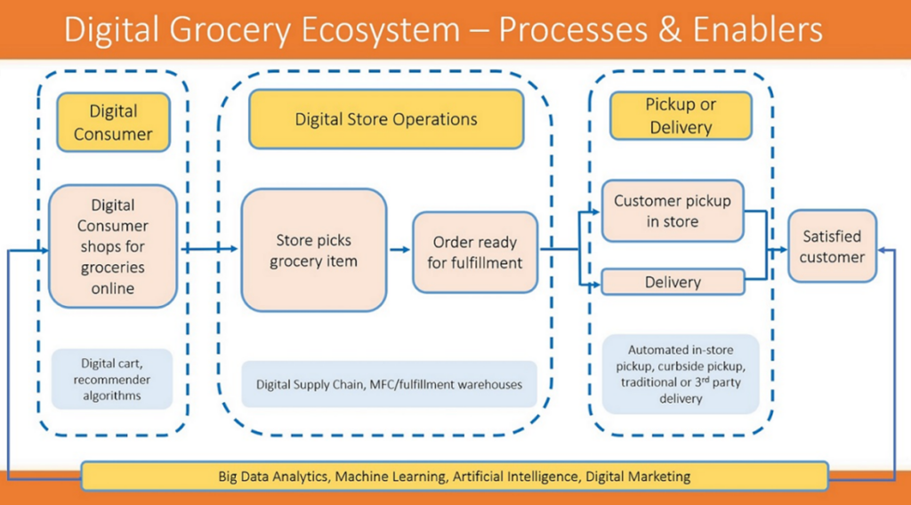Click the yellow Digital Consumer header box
(x=113, y=123)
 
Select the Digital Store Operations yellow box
(x=386, y=119)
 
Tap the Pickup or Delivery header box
(x=681, y=116)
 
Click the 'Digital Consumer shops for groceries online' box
(x=113, y=246)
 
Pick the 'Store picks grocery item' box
(x=313, y=250)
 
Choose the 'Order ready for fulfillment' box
(x=474, y=252)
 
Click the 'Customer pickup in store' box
(x=672, y=212)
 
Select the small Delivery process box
(x=672, y=282)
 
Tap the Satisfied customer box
(x=831, y=246)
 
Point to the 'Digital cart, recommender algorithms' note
(x=111, y=379)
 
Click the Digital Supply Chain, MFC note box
(x=389, y=384)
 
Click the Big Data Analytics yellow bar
(x=454, y=477)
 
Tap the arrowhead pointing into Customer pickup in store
(x=595, y=212)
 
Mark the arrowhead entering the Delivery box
(x=595, y=284)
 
